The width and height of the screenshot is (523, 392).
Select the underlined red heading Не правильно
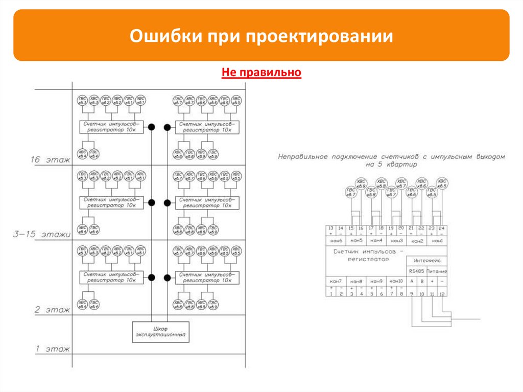[261, 73]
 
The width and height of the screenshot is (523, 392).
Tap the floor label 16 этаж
[50, 160]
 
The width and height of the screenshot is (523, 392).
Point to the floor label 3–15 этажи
[42, 235]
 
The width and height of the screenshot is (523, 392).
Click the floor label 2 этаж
[52, 310]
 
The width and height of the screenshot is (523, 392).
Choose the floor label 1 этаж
[52, 349]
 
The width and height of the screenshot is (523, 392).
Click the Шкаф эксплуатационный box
[160, 332]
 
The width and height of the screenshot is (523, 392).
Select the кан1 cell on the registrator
[438, 240]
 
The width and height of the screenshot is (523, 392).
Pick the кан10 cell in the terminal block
[396, 282]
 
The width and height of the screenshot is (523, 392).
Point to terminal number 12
[442, 294]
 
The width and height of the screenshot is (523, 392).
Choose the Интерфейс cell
[427, 260]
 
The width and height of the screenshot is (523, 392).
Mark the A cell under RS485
[412, 281]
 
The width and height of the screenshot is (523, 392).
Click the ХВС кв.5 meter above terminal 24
[442, 183]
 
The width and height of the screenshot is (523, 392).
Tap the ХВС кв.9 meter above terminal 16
[361, 183]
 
